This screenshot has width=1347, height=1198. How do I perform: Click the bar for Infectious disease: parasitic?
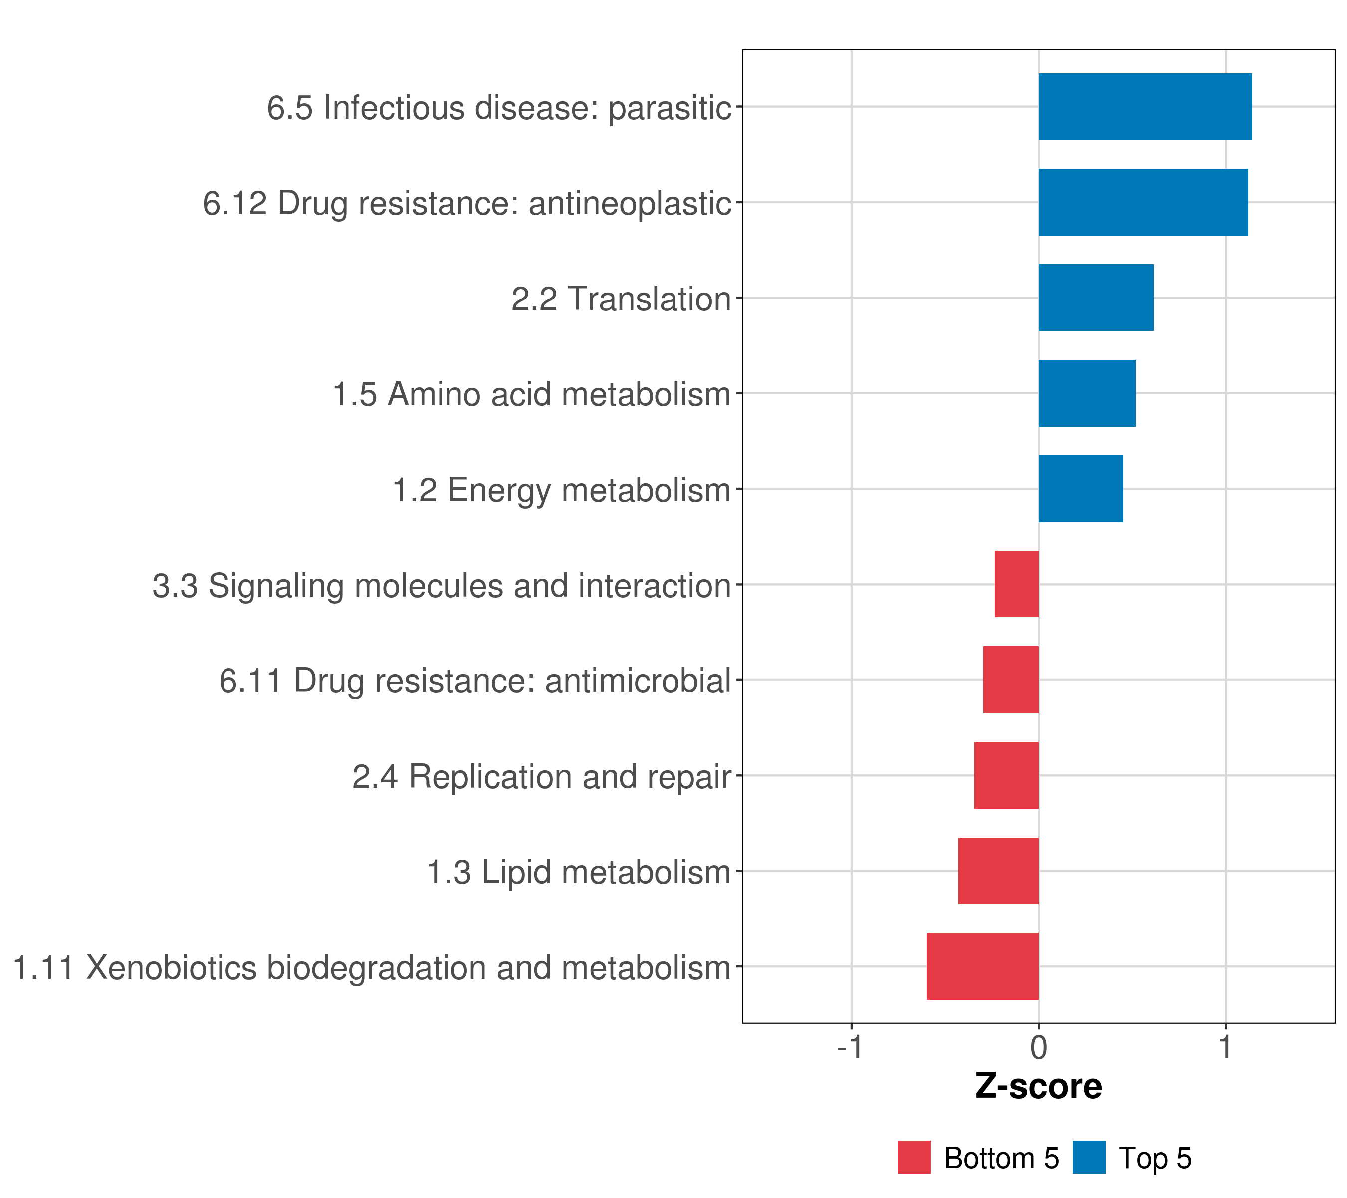1144,107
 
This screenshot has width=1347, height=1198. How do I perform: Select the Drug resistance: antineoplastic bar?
1143,203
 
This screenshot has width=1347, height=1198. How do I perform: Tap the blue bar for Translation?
1096,298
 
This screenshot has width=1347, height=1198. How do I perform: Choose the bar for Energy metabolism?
1081,489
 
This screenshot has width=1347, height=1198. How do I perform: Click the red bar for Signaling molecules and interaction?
1016,584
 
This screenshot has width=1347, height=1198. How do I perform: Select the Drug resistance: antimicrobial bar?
1010,680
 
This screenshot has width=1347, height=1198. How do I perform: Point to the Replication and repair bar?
1006,775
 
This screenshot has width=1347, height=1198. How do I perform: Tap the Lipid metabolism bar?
998,871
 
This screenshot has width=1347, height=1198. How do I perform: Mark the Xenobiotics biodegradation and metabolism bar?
983,966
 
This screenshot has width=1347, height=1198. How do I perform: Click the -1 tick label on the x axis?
850,1048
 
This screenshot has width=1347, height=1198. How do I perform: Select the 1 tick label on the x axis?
1225,1048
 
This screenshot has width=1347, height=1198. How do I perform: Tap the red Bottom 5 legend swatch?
914,1157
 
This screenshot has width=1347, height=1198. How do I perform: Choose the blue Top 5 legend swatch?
1089,1157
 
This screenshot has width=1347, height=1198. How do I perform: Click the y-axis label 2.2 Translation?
621,299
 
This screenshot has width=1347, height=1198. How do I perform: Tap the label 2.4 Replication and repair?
542,777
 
